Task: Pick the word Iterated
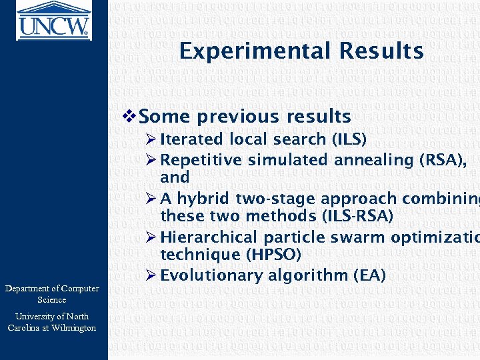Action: click(x=193, y=139)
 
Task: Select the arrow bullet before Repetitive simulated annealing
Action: click(x=151, y=160)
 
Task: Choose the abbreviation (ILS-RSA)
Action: click(x=357, y=216)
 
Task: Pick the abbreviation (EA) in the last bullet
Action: click(x=369, y=275)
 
